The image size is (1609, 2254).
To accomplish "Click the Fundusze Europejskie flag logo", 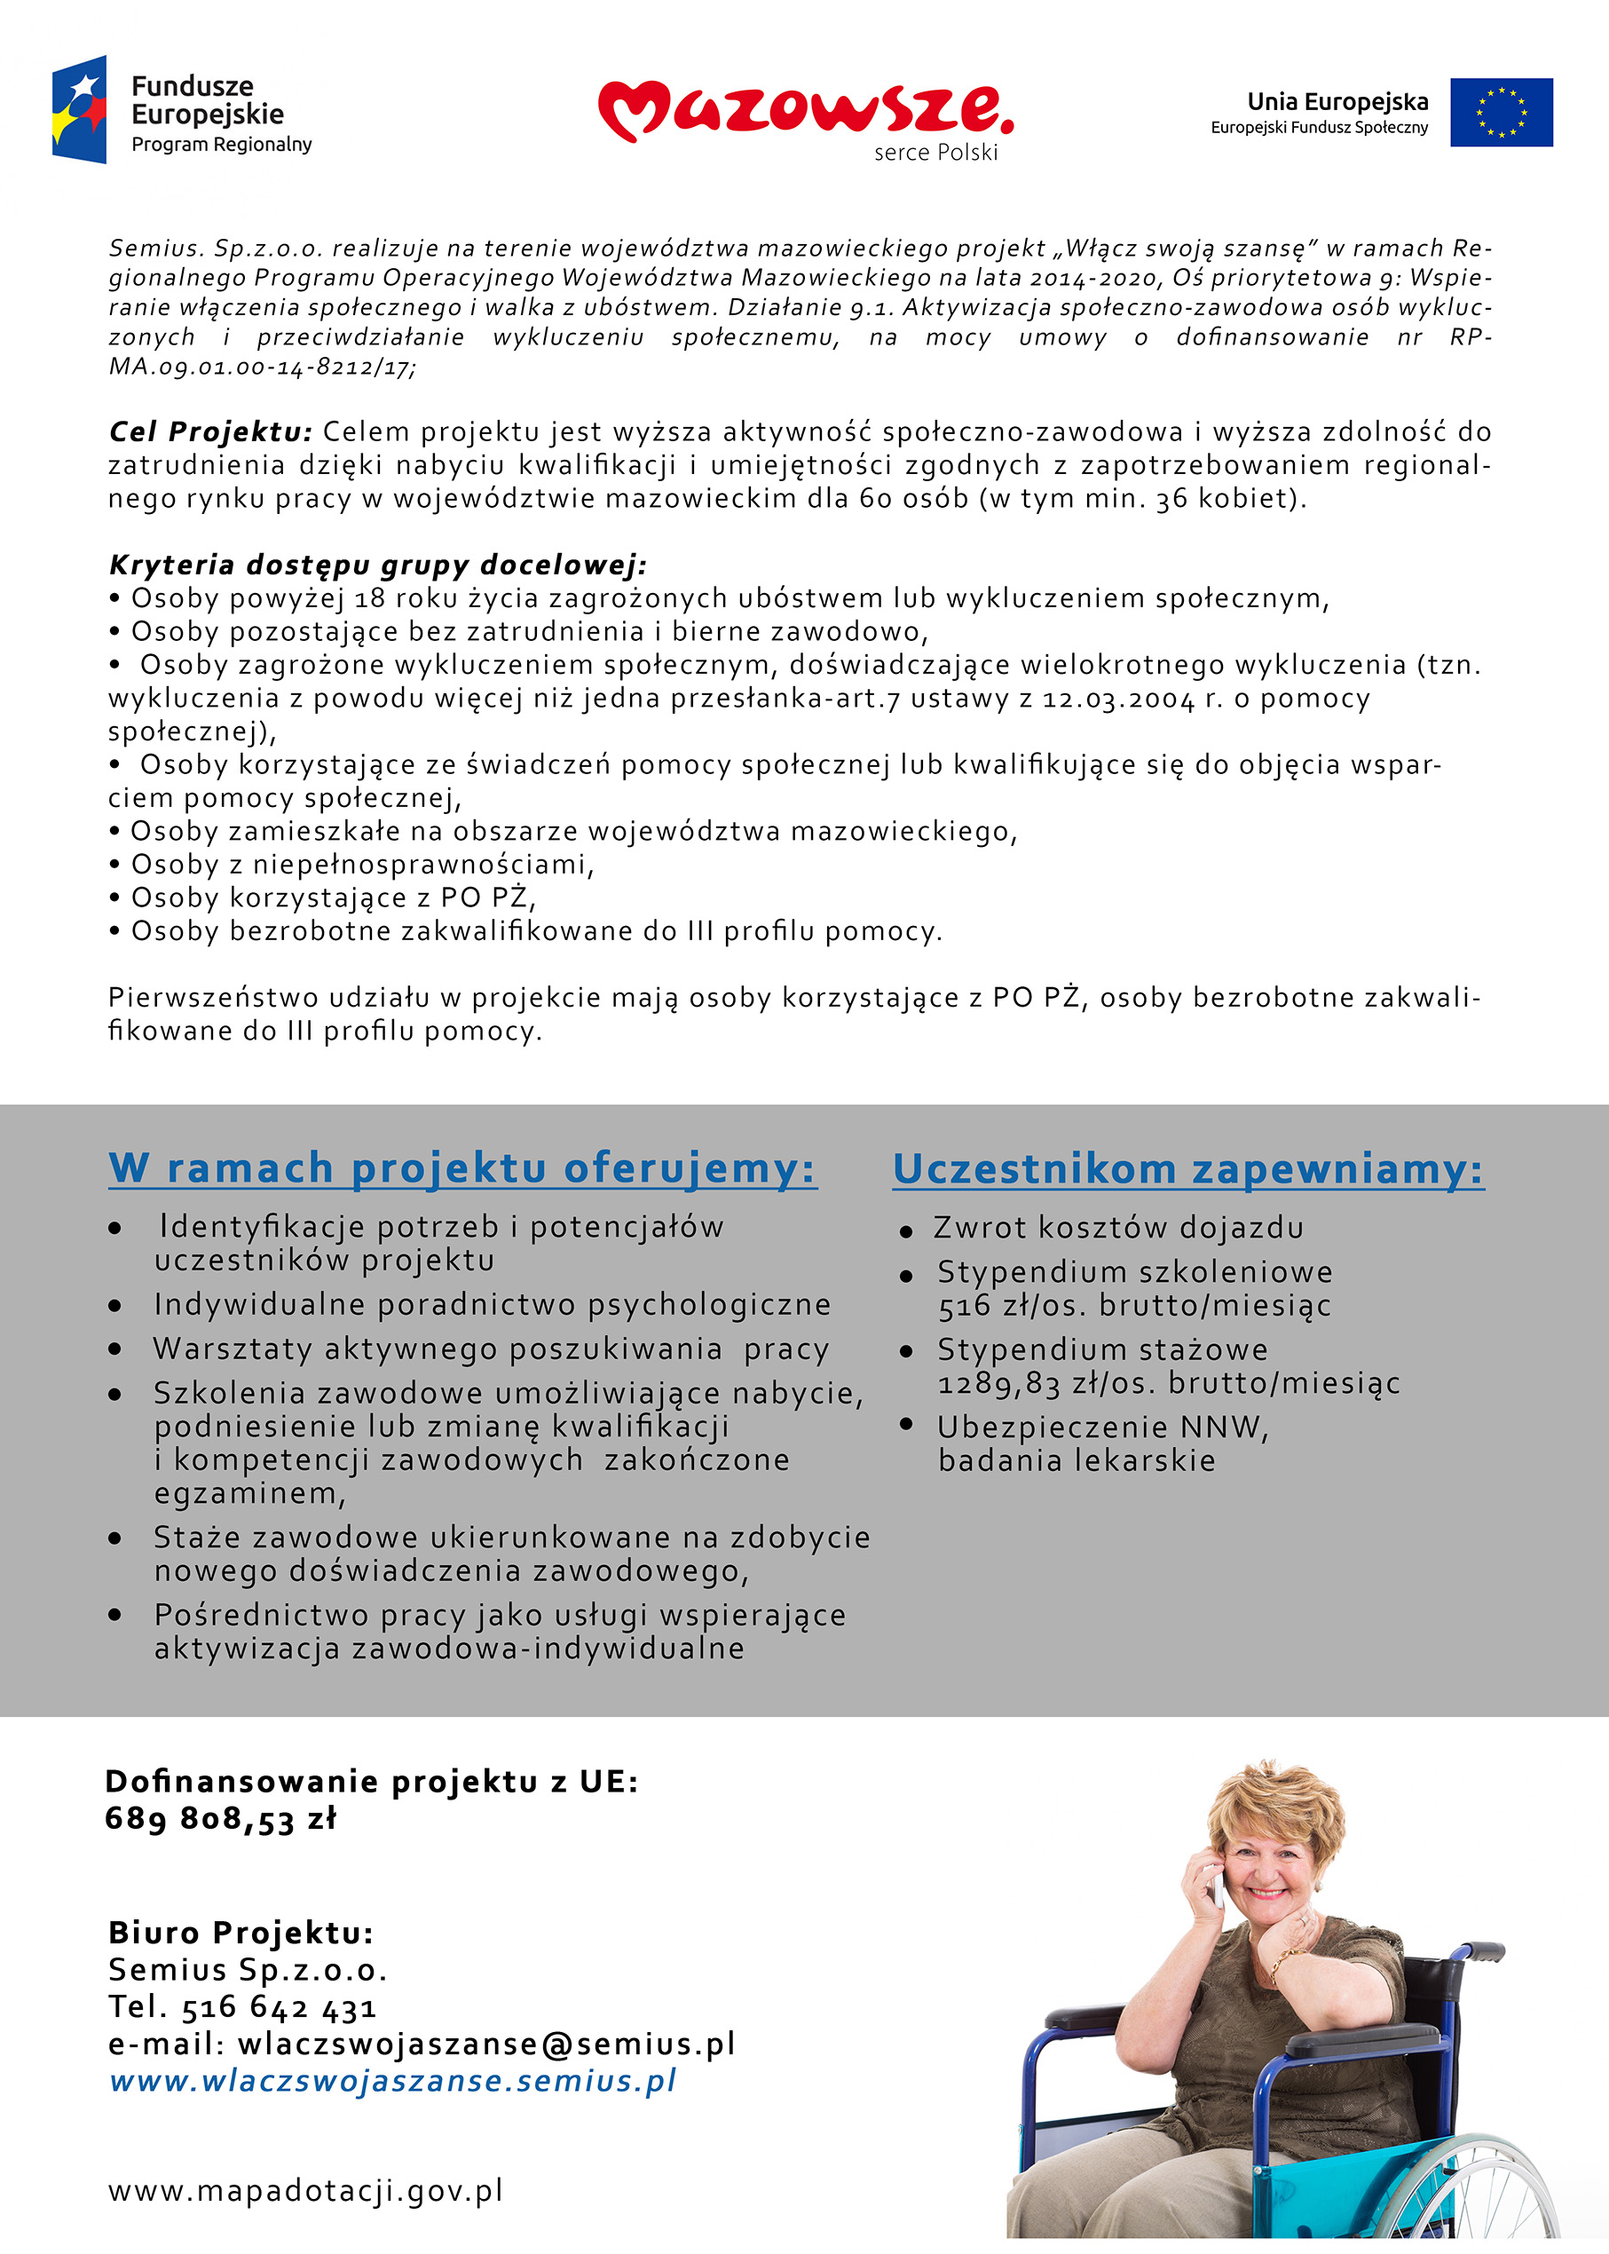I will [x=79, y=109].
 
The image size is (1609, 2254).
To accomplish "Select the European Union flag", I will [x=1500, y=112].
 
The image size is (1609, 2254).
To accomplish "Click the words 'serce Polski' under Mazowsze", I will [x=935, y=153].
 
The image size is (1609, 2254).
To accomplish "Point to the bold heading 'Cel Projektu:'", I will [x=210, y=432].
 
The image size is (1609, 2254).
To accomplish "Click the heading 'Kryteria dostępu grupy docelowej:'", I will [x=377, y=565].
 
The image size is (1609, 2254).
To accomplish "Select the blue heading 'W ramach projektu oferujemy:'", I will [x=461, y=1168].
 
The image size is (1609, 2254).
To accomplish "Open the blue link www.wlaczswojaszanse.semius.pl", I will [x=392, y=2081].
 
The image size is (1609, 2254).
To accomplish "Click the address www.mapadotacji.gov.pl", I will [x=305, y=2191].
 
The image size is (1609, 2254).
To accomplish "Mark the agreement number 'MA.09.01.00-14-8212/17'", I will [x=262, y=367].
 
